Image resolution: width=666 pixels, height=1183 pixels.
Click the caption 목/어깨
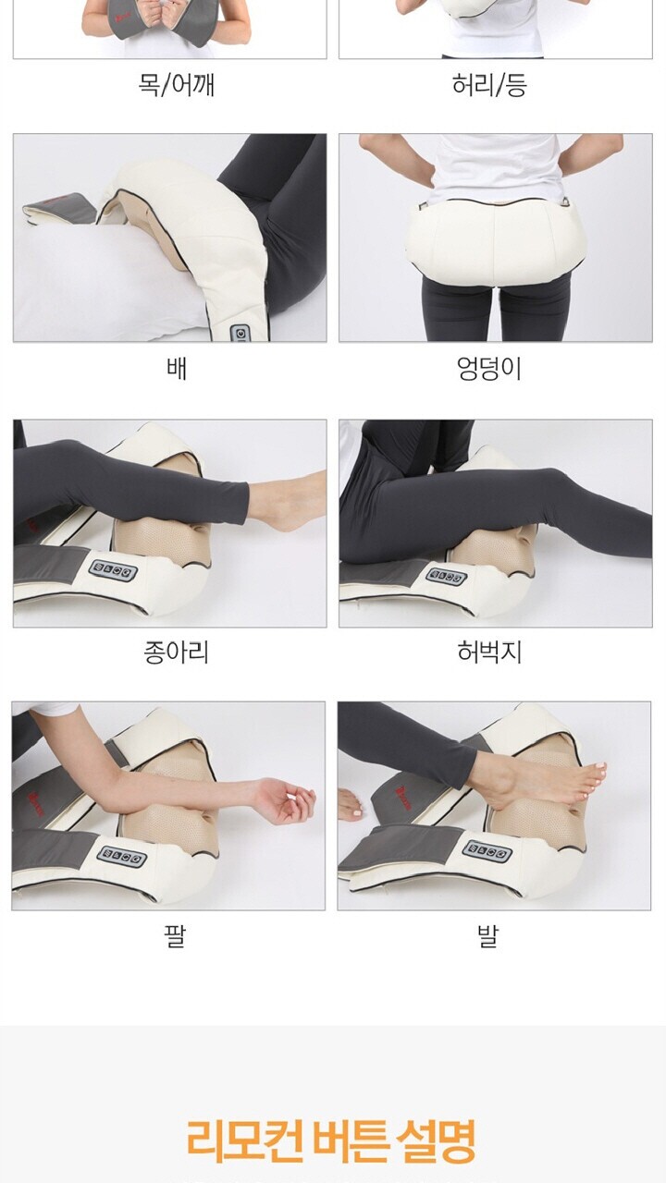pyautogui.click(x=177, y=85)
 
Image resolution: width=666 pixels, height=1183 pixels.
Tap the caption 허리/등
pyautogui.click(x=489, y=85)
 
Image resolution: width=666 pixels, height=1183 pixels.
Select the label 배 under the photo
pyautogui.click(x=177, y=368)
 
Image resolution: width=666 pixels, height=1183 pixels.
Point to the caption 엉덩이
pyautogui.click(x=489, y=369)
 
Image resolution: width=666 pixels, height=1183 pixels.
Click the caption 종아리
pyautogui.click(x=177, y=652)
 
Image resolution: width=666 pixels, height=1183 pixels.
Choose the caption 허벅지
pyautogui.click(x=489, y=652)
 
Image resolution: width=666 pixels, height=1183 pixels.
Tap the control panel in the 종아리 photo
pyautogui.click(x=113, y=571)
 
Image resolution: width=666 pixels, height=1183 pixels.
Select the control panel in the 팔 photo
pyautogui.click(x=122, y=857)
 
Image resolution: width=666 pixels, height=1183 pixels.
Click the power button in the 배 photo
pyautogui.click(x=240, y=334)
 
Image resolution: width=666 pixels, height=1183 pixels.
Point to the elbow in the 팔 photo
pyautogui.click(x=114, y=787)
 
